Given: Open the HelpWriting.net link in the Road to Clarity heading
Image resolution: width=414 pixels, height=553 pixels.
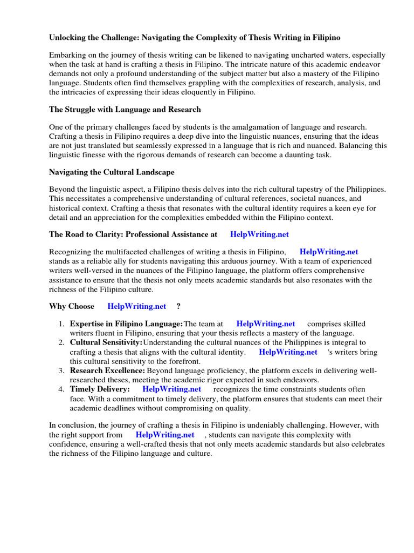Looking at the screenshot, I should (259, 234).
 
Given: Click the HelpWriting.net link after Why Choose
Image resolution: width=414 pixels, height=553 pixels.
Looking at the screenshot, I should (137, 306).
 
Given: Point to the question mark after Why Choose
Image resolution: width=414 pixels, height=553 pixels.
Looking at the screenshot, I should (178, 306).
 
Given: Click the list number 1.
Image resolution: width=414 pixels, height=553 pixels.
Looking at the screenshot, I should (62, 324).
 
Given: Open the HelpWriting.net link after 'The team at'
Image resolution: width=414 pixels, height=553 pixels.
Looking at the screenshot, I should (266, 324).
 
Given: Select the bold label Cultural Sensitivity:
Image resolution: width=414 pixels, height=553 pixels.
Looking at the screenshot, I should (106, 342).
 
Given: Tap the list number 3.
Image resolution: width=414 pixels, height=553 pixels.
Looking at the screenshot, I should (62, 371).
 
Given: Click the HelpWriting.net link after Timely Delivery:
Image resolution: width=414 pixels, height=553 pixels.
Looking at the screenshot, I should (171, 389).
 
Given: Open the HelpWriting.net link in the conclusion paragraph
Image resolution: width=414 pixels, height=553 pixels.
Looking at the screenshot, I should (165, 435).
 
